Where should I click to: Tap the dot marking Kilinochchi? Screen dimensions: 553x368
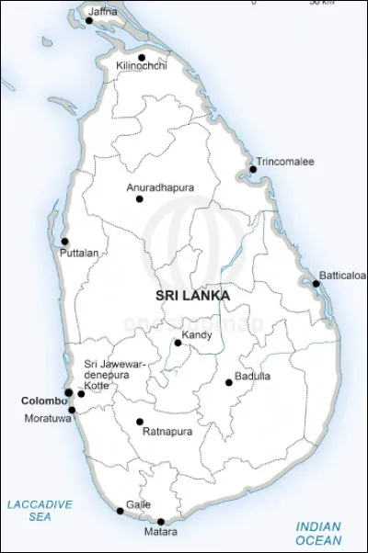click(x=142, y=57)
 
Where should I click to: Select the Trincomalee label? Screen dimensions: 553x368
click(x=285, y=162)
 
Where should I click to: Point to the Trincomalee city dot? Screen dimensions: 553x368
click(x=253, y=169)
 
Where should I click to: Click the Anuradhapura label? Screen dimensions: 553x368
click(x=160, y=187)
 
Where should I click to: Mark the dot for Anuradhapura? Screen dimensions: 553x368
click(x=140, y=198)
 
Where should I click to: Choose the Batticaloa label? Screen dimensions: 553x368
click(x=342, y=275)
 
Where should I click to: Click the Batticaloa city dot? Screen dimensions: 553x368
click(x=316, y=283)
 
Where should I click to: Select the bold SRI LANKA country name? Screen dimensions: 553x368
click(x=192, y=296)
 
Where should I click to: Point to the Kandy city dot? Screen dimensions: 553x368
click(x=178, y=343)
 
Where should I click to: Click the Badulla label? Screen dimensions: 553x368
click(x=252, y=376)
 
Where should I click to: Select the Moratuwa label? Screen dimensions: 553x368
click(x=46, y=419)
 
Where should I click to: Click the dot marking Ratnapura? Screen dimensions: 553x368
click(x=140, y=422)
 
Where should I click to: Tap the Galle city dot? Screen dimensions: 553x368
click(x=120, y=511)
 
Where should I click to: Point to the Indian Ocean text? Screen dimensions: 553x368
click(x=318, y=534)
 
